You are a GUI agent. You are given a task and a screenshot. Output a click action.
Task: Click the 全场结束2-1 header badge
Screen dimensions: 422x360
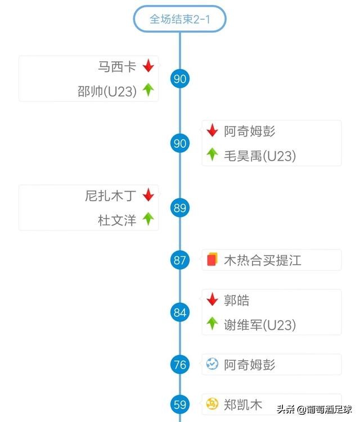179,19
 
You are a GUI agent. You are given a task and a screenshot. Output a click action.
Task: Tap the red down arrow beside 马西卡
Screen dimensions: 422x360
148,66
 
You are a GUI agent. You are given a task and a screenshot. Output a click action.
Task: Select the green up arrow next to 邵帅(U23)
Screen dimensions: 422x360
148,90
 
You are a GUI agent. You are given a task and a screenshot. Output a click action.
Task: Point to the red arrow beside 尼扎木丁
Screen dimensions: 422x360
148,196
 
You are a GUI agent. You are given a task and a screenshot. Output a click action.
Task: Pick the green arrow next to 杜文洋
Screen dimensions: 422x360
148,219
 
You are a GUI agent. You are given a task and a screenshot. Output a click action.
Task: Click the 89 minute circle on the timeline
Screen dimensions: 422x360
180,208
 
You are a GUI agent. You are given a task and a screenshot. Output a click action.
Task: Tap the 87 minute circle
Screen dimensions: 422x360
180,260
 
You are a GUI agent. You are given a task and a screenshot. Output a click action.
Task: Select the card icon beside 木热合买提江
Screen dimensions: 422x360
211,260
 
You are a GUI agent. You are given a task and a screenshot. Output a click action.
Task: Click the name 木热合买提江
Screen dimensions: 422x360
263,260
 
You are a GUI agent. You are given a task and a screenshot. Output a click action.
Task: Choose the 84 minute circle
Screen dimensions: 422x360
180,312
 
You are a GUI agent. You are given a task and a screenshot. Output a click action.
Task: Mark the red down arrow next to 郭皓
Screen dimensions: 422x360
212,300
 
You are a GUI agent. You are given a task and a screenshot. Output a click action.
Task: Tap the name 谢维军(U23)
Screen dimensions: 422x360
259,324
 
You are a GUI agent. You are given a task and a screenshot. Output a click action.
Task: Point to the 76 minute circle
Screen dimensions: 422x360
180,365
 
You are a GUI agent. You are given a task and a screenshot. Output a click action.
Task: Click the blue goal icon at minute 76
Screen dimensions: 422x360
212,364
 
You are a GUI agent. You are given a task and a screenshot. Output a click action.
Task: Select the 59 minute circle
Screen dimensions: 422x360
180,404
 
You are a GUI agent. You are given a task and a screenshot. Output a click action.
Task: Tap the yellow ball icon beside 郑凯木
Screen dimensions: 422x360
212,403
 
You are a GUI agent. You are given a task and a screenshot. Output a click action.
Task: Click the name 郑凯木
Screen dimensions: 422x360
243,404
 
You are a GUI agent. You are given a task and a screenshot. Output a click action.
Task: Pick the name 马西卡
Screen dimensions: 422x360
118,66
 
